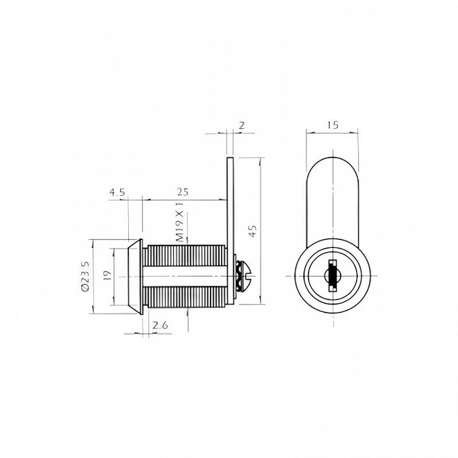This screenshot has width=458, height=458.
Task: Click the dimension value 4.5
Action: (x=117, y=192)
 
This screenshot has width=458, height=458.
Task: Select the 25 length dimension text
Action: (x=183, y=192)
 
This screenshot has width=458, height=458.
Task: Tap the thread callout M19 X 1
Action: (x=180, y=222)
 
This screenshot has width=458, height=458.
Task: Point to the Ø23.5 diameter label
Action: (x=85, y=276)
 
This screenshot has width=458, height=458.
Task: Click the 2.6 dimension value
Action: (x=161, y=325)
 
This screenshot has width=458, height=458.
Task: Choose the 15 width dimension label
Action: (x=333, y=125)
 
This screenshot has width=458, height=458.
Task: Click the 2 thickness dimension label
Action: (x=242, y=125)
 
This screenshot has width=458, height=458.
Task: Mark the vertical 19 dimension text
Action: (x=107, y=275)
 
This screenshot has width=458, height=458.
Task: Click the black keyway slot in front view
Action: (x=332, y=276)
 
